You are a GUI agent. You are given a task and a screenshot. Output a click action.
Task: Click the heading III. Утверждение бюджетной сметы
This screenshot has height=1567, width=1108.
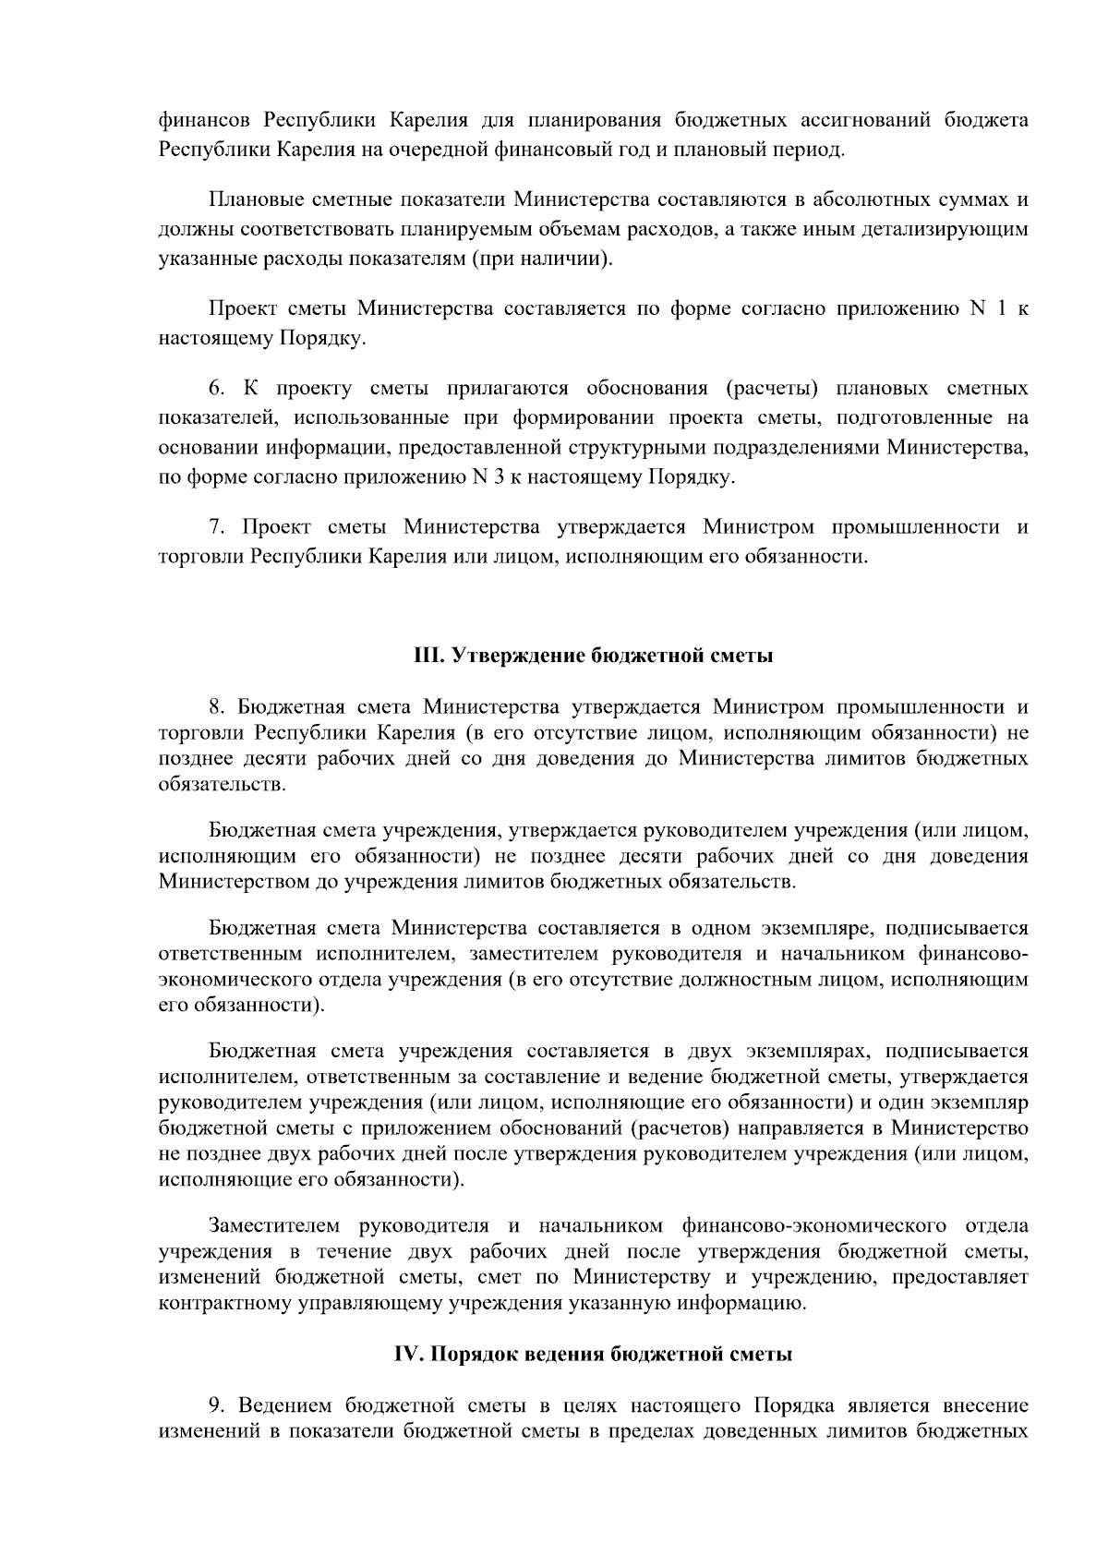[x=592, y=657]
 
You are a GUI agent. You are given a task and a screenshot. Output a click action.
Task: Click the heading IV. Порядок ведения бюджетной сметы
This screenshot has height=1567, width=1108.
[x=592, y=1355]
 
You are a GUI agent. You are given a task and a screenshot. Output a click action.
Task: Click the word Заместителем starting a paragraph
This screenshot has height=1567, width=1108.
[x=276, y=1226]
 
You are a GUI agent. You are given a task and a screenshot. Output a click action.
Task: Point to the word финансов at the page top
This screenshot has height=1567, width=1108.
[x=206, y=120]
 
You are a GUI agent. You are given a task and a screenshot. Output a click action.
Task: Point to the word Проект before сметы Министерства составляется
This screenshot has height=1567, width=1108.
[x=244, y=309]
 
